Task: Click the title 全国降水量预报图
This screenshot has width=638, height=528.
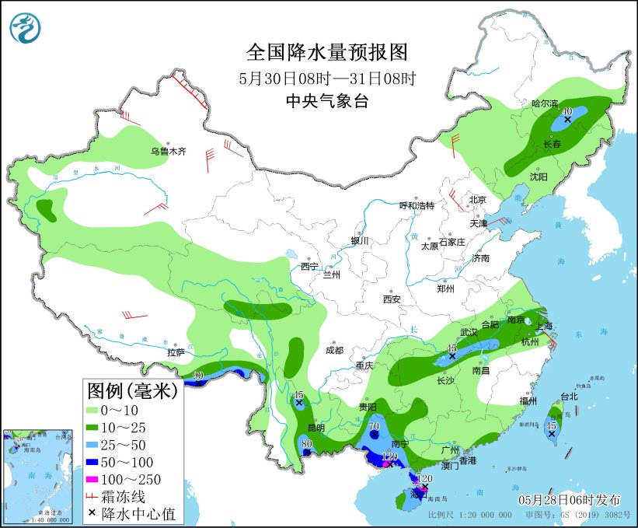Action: tap(326, 52)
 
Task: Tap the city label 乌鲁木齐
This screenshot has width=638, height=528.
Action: tap(169, 152)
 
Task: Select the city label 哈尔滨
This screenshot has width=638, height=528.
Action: tap(545, 103)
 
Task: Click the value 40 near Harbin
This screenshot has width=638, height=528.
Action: tap(567, 112)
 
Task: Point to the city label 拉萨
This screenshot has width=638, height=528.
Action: tap(176, 352)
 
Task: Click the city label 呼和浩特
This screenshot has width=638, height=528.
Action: tap(417, 205)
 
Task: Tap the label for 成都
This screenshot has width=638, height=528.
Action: tap(334, 350)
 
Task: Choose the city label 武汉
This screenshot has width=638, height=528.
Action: tap(468, 332)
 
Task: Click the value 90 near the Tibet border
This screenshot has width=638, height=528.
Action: tap(198, 376)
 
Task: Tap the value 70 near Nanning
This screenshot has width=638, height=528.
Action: tap(374, 426)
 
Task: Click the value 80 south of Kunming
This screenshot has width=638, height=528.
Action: tap(306, 444)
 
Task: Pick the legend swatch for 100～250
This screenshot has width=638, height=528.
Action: tap(100, 479)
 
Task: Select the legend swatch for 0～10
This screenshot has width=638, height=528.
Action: tap(100, 410)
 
